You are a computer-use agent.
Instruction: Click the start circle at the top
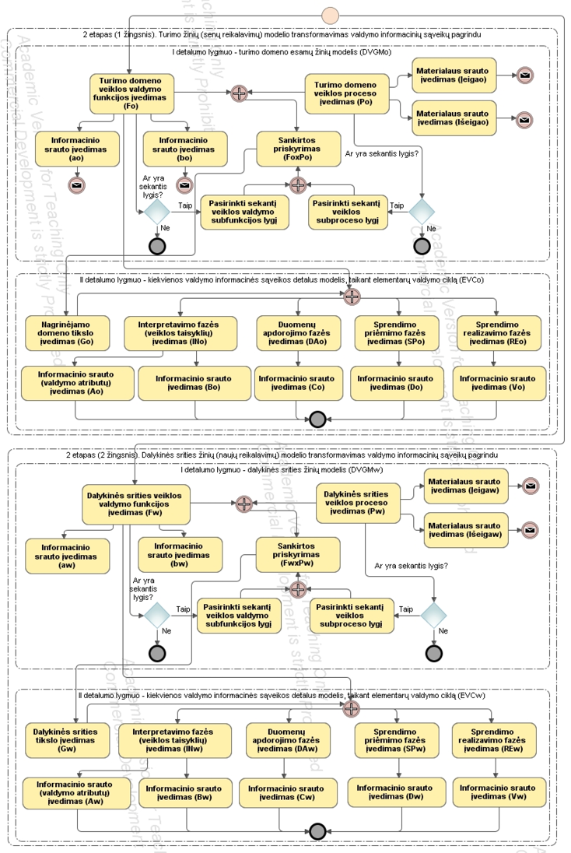(x=331, y=14)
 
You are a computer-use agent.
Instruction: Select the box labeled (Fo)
(x=131, y=94)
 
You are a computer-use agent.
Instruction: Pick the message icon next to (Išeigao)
(x=525, y=120)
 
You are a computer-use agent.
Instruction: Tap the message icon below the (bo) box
(x=184, y=185)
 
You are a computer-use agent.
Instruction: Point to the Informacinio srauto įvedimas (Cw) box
(x=285, y=793)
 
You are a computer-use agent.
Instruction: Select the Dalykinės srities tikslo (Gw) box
(x=58, y=741)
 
